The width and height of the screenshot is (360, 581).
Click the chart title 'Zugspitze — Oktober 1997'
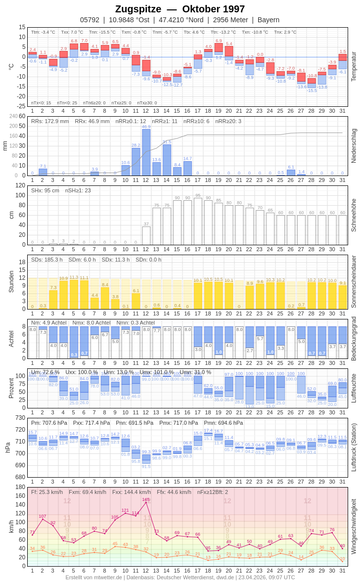pos(180,9)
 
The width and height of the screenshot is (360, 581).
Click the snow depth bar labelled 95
pos(198,221)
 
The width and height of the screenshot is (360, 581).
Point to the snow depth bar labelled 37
pos(146,235)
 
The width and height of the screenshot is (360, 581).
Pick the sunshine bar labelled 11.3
pos(74,294)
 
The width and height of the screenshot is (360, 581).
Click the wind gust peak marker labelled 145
pos(146,502)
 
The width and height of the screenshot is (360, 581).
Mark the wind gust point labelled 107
pos(43,519)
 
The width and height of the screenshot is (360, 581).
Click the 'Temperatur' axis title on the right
pos(353,67)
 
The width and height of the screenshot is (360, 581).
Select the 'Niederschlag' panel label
pos(353,146)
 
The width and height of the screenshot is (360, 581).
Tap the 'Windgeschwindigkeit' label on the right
pos(353,526)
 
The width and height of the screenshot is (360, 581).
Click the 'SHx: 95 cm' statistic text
pos(45,190)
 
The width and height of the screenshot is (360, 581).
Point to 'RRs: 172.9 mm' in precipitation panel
pos(50,121)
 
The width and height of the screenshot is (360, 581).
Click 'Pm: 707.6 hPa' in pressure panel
pos(49,423)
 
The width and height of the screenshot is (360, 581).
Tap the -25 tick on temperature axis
pos(22,106)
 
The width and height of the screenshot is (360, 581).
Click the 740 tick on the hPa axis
pos(20,418)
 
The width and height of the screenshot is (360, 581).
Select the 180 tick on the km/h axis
pos(20,487)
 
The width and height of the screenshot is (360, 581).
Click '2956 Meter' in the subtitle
pos(230,20)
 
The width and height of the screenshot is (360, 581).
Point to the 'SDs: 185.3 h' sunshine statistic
pos(47,260)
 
